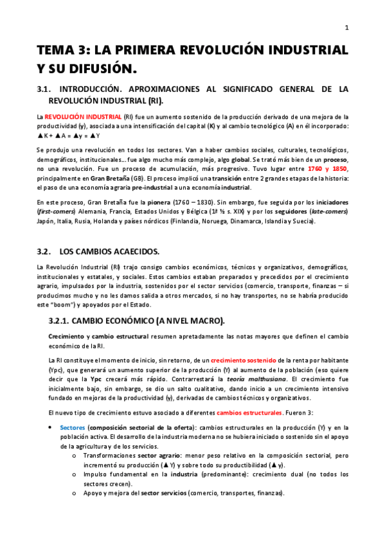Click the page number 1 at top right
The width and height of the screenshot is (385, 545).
[x=347, y=27]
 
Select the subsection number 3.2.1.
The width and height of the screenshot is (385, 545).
[x=63, y=320]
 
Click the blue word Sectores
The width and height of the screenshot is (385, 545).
[x=72, y=427]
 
